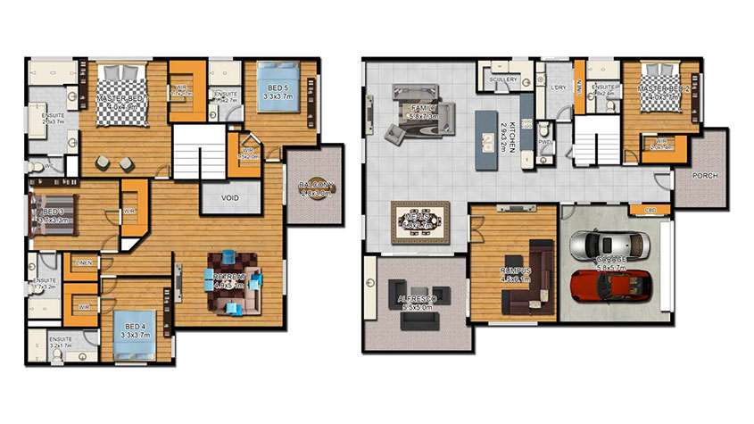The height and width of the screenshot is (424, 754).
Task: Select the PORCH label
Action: [x=704, y=176]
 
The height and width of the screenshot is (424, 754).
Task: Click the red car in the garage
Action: [x=611, y=283]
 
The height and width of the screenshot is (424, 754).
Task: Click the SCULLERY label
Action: [x=504, y=80]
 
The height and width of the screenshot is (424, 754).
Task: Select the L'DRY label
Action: [x=559, y=87]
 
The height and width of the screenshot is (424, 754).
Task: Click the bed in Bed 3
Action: [x=52, y=213]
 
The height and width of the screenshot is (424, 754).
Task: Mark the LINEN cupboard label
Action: [x=85, y=262]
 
